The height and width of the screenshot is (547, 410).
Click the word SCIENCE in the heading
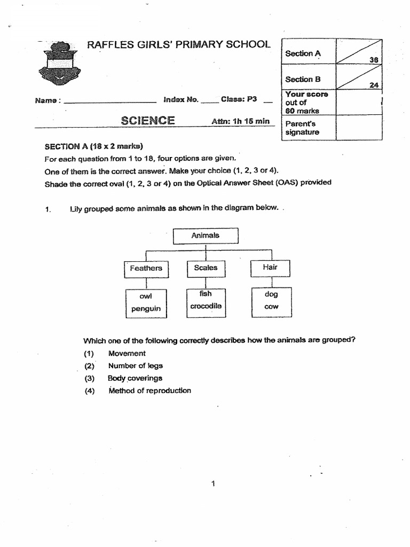pos(147,120)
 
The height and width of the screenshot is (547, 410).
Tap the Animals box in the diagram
pos(206,236)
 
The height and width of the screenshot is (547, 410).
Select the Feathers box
pos(146,268)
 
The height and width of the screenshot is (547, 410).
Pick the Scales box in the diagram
pos(206,268)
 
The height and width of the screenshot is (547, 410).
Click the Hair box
pos(270,268)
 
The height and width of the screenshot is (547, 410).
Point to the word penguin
pos(146,309)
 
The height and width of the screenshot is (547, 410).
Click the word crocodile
pos(206,306)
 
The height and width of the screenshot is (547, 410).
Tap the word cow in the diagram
pos(271,307)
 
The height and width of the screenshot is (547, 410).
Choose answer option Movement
pos(127,353)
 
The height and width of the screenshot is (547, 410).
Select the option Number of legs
pos(135,366)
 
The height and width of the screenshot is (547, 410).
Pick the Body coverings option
pos(135,378)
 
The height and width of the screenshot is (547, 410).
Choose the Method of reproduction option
pos(149,390)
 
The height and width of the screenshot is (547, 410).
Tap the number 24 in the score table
pos(373,84)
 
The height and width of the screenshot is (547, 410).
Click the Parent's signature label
pos(302,128)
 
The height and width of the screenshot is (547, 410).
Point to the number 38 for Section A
pos(374,60)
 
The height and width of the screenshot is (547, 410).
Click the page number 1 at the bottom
pos(213,484)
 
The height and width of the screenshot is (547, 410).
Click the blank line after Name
pos(109,101)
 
